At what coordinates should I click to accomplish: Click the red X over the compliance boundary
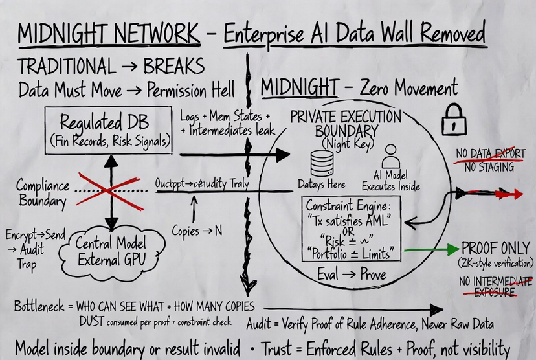[x=107, y=190]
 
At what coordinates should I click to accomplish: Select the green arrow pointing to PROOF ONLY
[x=430, y=250]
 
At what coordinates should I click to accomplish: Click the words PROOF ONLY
[x=497, y=248]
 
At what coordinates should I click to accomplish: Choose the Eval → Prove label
[x=352, y=275]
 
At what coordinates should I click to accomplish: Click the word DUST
[x=95, y=321]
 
